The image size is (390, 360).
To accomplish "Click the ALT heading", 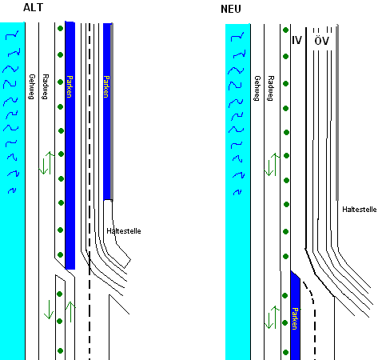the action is tap(33, 7).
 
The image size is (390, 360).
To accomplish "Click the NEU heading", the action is tap(231, 9).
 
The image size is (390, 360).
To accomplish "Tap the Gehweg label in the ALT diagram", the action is tap(32, 86).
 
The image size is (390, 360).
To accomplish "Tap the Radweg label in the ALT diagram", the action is tap(46, 86).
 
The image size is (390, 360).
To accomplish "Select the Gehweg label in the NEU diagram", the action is tap(257, 88).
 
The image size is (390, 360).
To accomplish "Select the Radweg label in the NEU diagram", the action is tap(271, 88).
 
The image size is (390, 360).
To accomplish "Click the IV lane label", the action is tap(296, 41).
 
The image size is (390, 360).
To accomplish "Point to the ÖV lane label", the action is tap(321, 40).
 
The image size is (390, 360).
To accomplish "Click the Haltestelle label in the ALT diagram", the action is tap(124, 231).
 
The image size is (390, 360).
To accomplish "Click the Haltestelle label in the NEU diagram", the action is tap(360, 210).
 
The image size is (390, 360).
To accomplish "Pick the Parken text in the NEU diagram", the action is tap(295, 318).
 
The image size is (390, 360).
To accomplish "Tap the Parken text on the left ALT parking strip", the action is tap(70, 86).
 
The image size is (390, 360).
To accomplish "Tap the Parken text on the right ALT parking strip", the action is tap(106, 86).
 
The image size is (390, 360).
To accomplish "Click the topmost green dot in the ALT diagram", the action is tap(60, 28).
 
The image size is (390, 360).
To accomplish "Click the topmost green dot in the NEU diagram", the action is tap(285, 30).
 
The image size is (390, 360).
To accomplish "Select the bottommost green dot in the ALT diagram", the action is tap(60, 350).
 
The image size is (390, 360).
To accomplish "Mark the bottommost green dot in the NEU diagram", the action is tap(285, 352).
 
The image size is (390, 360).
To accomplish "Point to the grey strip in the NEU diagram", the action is tap(337, 112).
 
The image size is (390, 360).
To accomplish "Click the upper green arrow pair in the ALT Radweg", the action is tap(47, 163).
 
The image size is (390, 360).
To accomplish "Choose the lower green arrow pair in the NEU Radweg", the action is tap(272, 318).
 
